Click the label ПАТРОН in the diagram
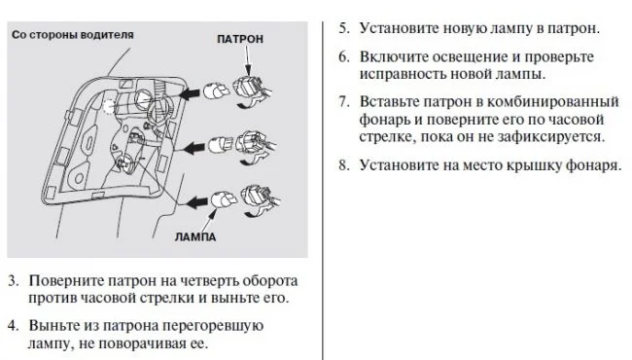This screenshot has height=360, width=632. click(240, 39)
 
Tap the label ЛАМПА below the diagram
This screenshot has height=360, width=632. click(195, 236)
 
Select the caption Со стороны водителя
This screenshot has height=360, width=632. click(73, 35)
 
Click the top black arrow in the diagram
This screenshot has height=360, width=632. click(189, 93)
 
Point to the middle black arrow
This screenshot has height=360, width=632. click(194, 148)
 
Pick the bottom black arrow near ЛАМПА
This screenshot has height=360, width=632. click(196, 202)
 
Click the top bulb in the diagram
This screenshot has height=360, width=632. click(216, 91)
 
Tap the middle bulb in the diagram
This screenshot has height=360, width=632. click(220, 145)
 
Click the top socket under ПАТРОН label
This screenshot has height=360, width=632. click(251, 88)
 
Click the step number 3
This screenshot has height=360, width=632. click(13, 280)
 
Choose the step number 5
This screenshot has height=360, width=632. click(343, 28)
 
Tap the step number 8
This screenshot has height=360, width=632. click(343, 164)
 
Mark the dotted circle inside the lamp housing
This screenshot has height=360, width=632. click(109, 106)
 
